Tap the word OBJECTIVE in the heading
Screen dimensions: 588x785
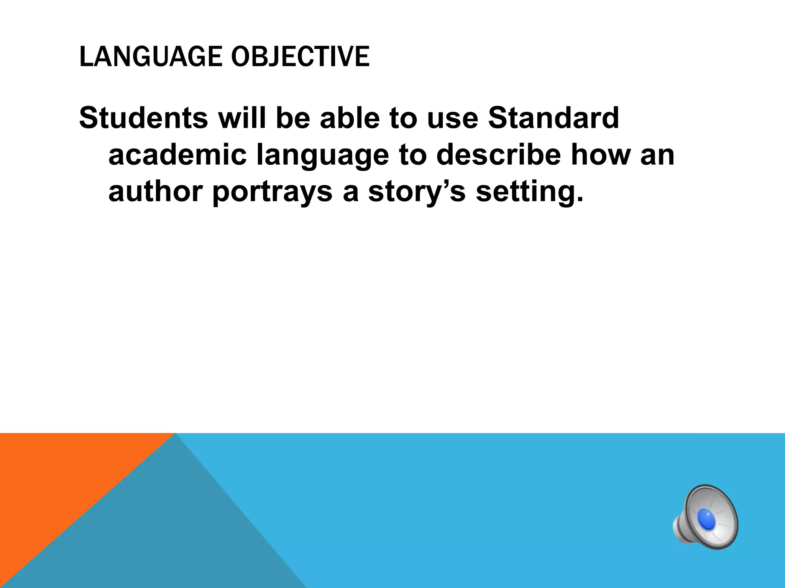point(300,57)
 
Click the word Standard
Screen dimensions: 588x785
point(553,118)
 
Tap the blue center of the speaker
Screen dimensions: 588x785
point(706,519)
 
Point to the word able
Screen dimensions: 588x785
point(348,118)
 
